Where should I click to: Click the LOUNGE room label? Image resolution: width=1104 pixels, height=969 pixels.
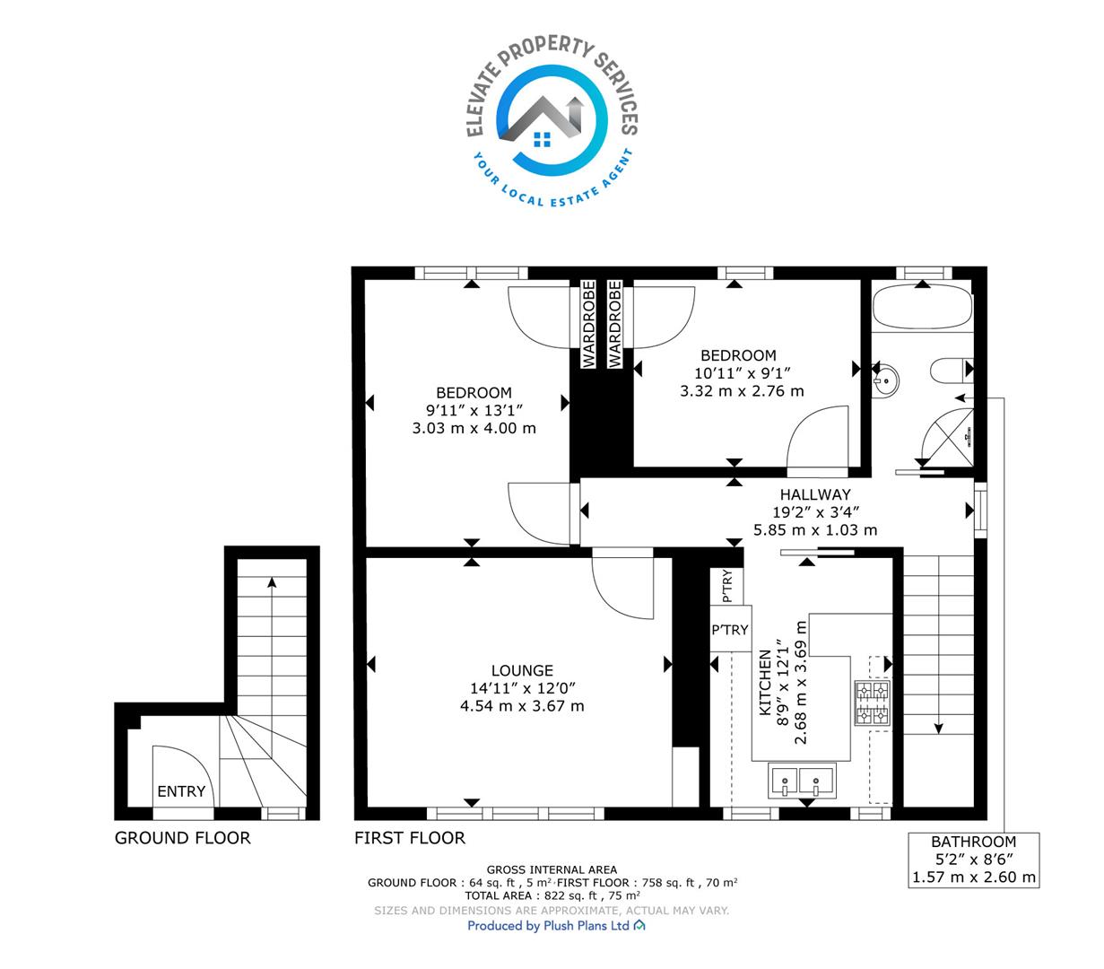[521, 670]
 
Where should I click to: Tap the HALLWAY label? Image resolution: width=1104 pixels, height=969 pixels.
[814, 494]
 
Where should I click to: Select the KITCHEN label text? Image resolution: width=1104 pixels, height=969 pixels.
[765, 682]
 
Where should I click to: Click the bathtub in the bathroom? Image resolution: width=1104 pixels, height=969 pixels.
[921, 307]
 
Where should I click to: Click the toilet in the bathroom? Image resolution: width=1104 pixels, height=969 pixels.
[951, 371]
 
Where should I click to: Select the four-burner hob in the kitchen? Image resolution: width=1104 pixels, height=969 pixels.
[872, 703]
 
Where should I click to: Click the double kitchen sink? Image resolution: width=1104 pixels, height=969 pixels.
[801, 781]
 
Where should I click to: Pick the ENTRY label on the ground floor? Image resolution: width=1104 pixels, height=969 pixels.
[181, 791]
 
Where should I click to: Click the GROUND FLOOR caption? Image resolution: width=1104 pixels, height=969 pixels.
[183, 838]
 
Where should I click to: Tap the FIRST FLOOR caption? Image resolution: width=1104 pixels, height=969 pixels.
[410, 838]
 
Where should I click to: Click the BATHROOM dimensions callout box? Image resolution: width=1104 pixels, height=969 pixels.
[973, 860]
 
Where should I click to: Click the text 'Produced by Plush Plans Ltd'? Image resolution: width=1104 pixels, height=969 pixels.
[548, 925]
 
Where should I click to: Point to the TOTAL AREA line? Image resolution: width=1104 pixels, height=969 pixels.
[552, 895]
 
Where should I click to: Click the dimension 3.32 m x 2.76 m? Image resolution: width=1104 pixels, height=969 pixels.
[742, 391]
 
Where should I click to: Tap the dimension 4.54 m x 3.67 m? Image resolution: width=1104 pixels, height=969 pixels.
[521, 705]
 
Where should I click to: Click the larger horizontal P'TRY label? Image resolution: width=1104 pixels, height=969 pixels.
[730, 630]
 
